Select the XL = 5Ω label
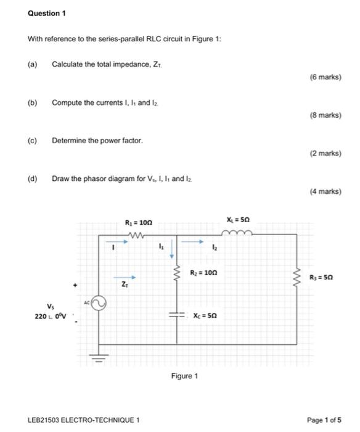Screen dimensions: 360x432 click(238, 220)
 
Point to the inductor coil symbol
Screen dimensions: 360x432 click(238, 233)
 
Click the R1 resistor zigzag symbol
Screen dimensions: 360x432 click(138, 233)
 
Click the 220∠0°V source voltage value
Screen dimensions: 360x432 click(49, 316)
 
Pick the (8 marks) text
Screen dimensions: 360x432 click(327, 115)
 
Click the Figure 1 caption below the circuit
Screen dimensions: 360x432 click(184, 376)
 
